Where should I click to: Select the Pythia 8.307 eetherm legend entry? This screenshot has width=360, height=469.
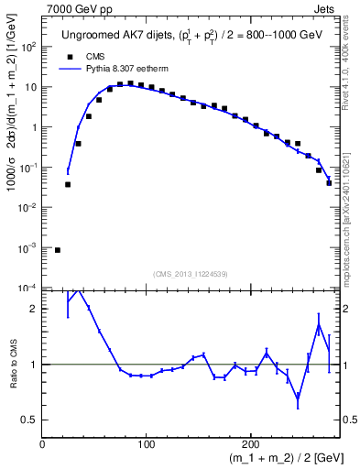pos(111,68)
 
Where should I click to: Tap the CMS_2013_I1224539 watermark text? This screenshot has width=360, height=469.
pos(191,272)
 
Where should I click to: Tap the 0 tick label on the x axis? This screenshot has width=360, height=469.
pos(42,444)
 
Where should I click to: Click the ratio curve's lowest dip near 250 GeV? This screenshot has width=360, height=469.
pos(298,398)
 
